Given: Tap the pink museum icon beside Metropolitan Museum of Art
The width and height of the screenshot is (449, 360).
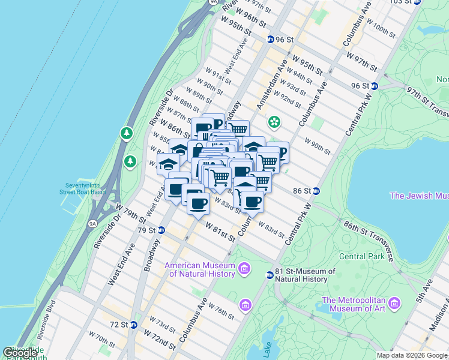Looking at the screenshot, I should tap(394, 302).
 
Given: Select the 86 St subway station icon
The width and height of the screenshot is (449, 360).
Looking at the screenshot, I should tap(316, 191).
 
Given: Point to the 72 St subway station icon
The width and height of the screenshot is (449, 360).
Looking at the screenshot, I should tap(134, 325).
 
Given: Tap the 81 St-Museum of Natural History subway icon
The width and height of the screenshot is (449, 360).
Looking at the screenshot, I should tap(270, 275).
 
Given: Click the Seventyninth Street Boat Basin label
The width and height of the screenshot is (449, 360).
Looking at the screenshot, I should tap(83, 188).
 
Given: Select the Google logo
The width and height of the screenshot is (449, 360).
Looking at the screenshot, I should tap(20, 353).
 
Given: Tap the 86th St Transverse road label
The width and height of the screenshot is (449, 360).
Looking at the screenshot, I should tap(368, 239).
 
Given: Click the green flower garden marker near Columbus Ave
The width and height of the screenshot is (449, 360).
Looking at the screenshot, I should tap(274, 122).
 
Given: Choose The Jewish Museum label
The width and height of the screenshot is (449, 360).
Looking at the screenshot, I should tap(419, 196).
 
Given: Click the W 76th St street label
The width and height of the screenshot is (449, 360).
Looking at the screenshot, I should tap(223, 311).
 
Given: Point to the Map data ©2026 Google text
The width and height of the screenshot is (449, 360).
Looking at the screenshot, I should tap(411, 355).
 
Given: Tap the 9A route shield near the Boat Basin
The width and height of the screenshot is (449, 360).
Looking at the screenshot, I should tap(92, 224).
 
